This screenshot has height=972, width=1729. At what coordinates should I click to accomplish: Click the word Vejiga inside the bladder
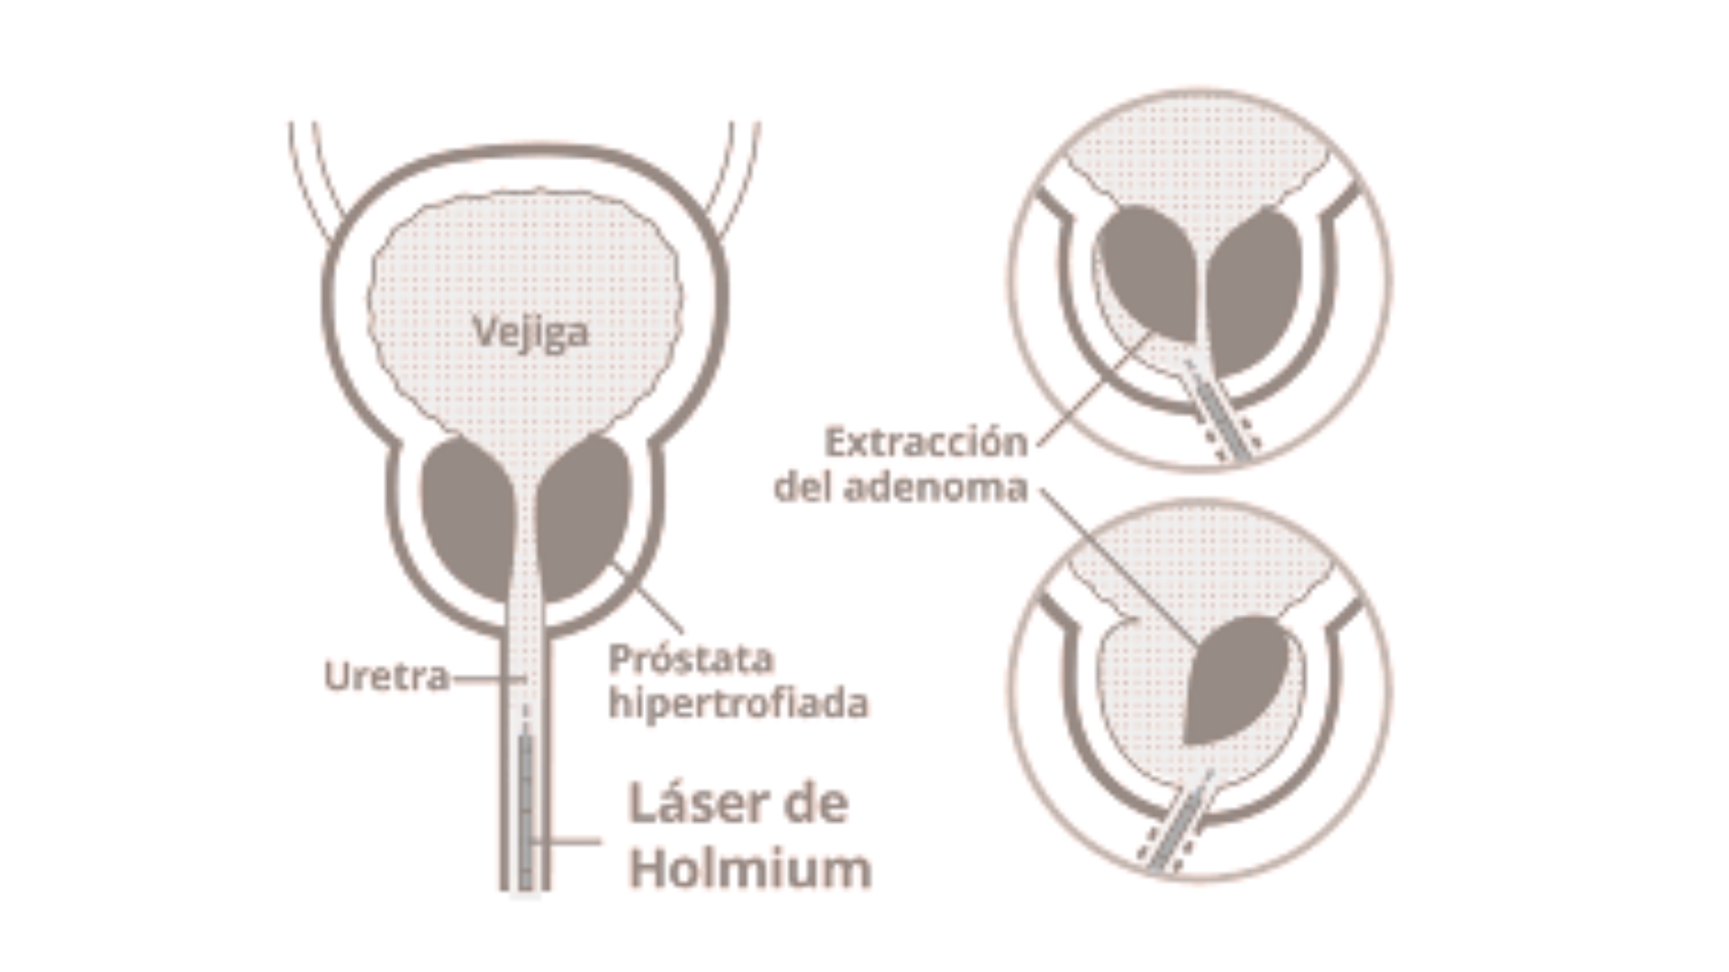[530, 332]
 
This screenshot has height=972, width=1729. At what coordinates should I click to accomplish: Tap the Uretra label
[386, 677]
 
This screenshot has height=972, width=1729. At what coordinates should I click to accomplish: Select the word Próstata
[691, 660]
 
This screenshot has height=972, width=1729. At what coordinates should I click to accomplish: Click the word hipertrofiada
[738, 703]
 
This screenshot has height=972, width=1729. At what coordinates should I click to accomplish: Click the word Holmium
[750, 868]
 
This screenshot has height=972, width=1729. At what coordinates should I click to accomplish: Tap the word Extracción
[926, 443]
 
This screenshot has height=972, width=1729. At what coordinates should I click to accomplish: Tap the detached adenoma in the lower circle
[1238, 679]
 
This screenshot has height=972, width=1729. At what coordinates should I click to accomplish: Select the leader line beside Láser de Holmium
[567, 841]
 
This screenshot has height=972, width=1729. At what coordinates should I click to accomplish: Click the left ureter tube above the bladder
[314, 180]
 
